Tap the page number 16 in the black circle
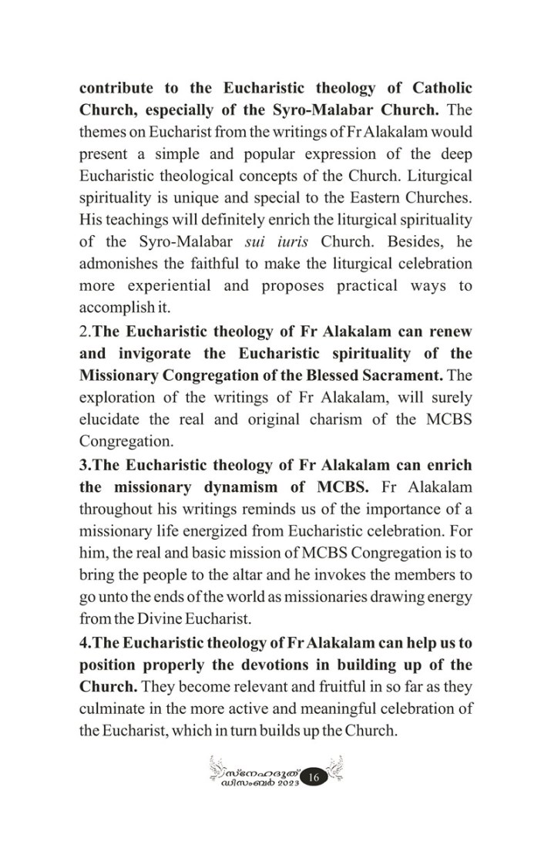[314, 778]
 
